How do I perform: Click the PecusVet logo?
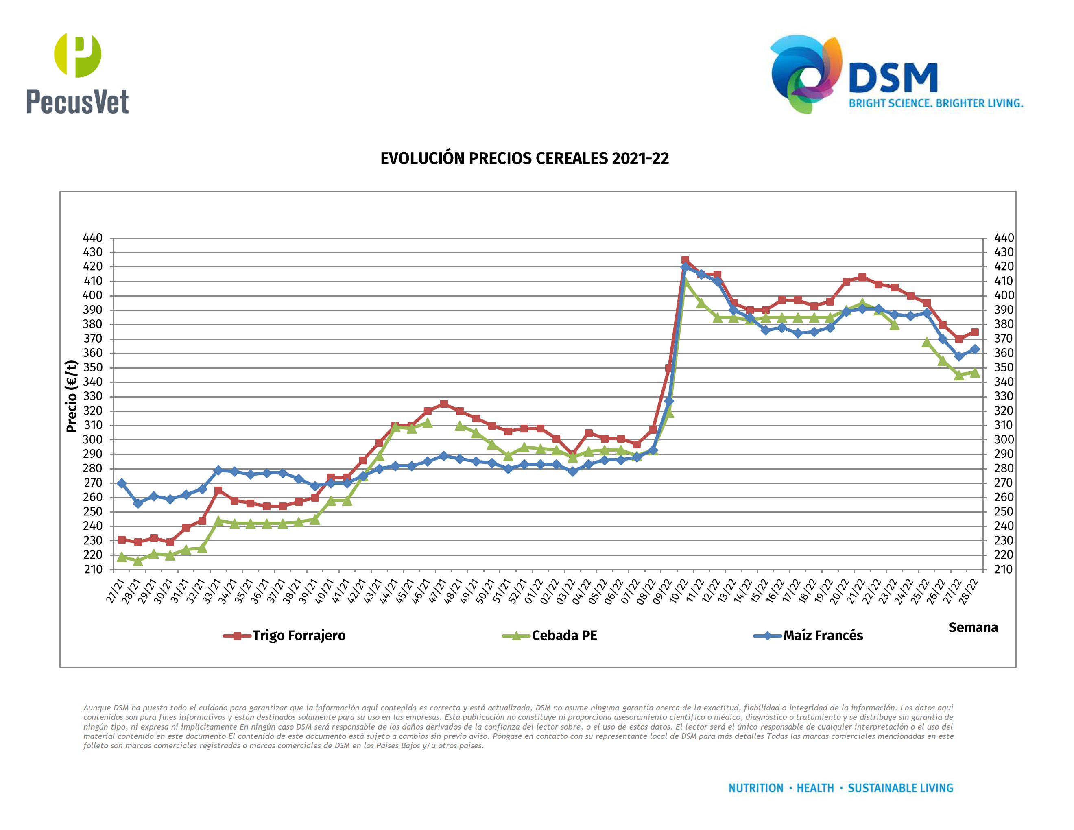coord(78,74)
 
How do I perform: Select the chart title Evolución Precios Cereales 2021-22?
coord(524,158)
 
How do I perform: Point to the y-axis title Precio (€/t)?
coord(72,396)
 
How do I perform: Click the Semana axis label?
coord(973,627)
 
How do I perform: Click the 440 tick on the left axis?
coord(93,238)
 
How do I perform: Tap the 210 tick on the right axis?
coord(1003,569)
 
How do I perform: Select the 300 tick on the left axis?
coord(93,439)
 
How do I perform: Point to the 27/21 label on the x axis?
coord(115,591)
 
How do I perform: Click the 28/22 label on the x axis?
coord(968,591)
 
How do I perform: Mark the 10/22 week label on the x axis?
coord(678,591)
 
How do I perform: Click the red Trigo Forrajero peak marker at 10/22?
coord(685,260)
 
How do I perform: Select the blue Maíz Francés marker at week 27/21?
coord(122,483)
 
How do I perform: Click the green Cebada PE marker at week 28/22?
coord(975,373)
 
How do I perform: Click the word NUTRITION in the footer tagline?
coord(755,788)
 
